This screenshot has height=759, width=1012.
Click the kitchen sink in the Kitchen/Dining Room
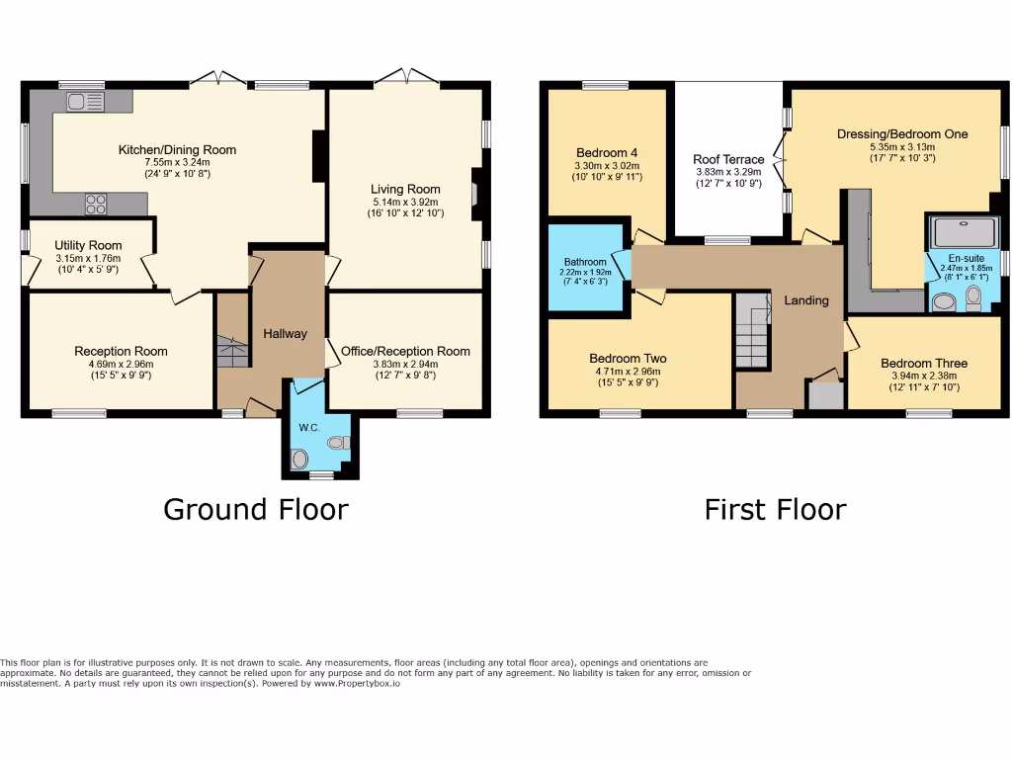click(85, 101)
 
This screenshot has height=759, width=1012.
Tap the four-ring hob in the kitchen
click(96, 204)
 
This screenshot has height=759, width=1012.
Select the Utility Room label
click(88, 245)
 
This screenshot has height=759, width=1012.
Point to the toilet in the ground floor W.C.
click(339, 443)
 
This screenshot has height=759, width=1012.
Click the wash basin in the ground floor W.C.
click(299, 459)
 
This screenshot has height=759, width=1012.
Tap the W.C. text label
click(307, 428)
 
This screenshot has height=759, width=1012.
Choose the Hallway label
click(285, 334)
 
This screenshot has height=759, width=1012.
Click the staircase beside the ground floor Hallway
click(233, 351)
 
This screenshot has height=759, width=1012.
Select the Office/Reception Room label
click(405, 351)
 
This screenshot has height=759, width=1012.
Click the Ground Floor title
click(255, 509)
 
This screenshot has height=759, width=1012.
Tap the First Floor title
click(775, 509)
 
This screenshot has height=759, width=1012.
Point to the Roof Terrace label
click(729, 159)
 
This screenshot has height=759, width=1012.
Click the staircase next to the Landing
click(752, 330)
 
